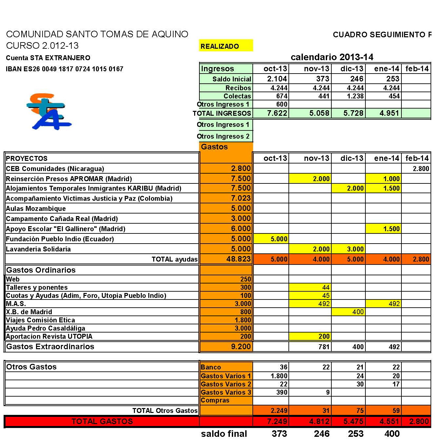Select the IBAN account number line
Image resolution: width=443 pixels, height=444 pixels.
(65, 69)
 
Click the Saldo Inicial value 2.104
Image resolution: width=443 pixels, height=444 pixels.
(277, 79)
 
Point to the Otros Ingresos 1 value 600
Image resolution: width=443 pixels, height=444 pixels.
(282, 104)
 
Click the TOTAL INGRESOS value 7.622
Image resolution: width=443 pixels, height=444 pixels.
(277, 113)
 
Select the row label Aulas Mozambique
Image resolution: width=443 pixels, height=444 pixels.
(36, 209)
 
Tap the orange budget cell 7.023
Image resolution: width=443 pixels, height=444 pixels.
(241, 198)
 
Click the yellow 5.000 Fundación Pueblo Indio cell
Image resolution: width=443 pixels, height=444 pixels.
(279, 239)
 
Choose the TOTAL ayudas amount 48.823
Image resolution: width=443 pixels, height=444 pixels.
(238, 259)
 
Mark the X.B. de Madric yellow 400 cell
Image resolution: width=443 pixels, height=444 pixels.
(358, 312)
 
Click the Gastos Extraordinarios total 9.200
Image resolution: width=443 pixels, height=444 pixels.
(241, 347)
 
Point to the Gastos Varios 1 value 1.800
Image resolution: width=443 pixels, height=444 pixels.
(279, 376)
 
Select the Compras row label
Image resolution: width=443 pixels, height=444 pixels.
(215, 400)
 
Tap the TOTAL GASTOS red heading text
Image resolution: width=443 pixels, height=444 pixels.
(102, 421)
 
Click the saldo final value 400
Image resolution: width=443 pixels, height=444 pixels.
(392, 434)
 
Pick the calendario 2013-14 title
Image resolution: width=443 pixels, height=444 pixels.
(332, 57)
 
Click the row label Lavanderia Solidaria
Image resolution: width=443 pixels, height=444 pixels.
(38, 249)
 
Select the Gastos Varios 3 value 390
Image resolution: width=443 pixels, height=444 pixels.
(282, 392)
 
